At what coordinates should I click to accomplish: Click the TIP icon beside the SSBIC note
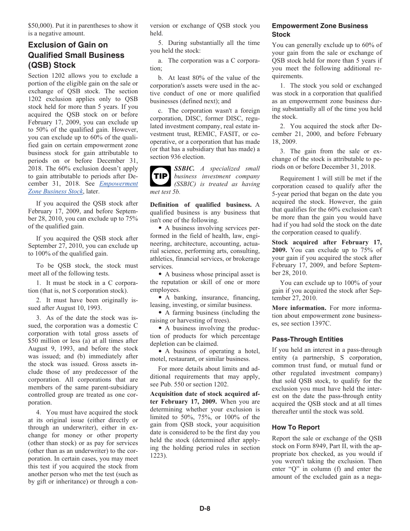pos(161,176)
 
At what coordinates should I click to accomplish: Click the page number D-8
pos(205,508)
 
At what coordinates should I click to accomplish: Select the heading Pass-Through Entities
pos(307,339)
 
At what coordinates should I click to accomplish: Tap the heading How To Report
pos(296,427)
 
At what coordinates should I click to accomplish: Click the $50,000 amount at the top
pos(38,26)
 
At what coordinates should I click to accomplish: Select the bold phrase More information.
pos(299,308)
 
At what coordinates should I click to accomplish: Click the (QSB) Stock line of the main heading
pos(52,65)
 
